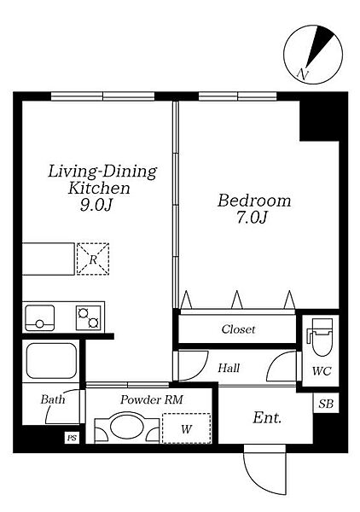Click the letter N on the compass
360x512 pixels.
coord(303,75)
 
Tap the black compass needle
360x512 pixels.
coord(319,46)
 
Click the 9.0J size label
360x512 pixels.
coord(96,205)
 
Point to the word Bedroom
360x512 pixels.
coord(254,201)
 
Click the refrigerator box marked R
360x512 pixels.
coord(93,259)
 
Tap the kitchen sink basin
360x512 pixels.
coord(40,317)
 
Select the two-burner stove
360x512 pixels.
coord(89,317)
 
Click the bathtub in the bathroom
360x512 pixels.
coord(51,361)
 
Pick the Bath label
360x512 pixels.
coord(53,399)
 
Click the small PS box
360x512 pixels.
coord(72,438)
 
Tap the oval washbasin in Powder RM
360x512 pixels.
coord(126,428)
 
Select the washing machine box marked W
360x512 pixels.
coord(186,428)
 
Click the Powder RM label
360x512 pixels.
coord(152,399)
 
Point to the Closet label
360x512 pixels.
coord(238,329)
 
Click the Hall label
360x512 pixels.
coord(229,369)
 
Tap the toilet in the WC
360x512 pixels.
coord(320,337)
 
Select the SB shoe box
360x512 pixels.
coord(326,404)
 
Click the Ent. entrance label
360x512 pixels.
coord(267,417)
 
